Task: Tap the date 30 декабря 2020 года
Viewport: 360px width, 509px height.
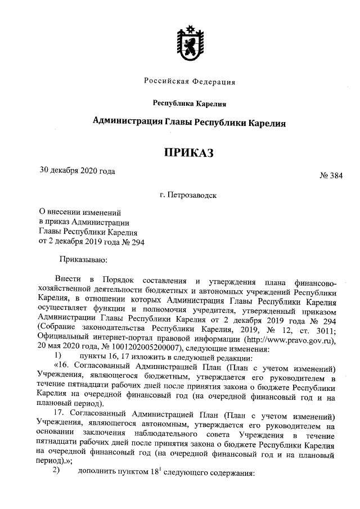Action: click(x=77, y=170)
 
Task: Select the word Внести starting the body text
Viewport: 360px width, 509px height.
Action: click(x=68, y=280)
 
